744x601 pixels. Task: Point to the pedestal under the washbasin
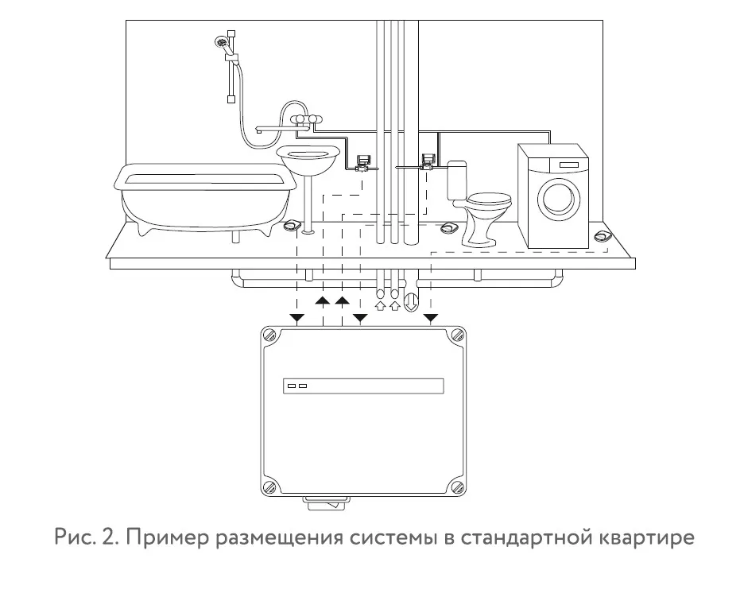[x=308, y=203]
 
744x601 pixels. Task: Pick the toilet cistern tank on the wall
[x=456, y=181]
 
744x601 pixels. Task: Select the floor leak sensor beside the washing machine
[x=603, y=236]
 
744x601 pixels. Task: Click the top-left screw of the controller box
[x=272, y=337]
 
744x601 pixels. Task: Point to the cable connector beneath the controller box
[x=326, y=503]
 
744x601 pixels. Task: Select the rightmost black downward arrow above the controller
[x=431, y=319]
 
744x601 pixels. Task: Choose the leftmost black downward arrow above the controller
[x=296, y=319]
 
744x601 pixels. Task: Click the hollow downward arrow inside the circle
[x=411, y=302]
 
